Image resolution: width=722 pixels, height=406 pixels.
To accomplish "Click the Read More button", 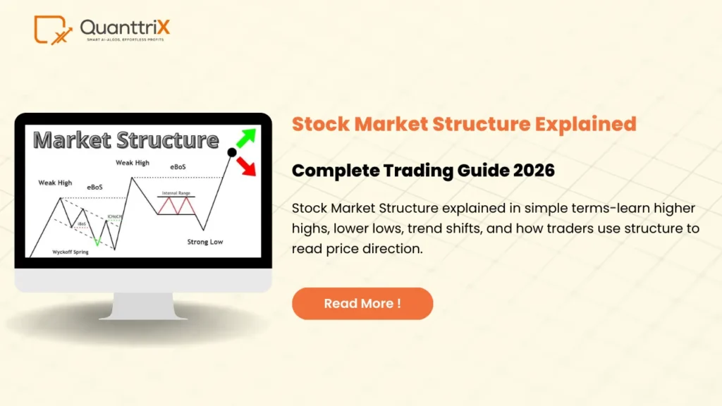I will tap(362, 304).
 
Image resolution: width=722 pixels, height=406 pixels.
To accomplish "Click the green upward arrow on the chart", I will tap(246, 137).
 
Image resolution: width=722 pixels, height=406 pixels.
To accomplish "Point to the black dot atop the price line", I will tap(232, 152).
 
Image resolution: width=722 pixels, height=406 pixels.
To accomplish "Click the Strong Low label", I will tap(205, 242).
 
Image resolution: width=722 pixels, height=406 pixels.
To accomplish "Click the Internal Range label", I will tap(176, 192).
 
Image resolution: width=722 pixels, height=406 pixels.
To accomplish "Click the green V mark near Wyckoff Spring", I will tap(97, 242).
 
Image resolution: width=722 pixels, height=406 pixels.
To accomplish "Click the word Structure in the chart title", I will tap(171, 140).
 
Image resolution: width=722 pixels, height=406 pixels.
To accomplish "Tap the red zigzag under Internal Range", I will tap(176, 205).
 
